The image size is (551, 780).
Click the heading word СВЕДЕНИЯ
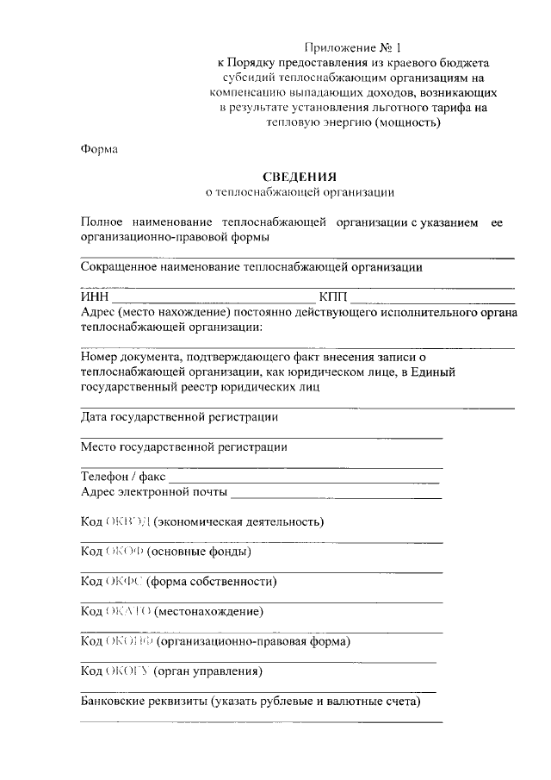(x=300, y=176)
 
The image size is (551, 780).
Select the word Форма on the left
(x=99, y=148)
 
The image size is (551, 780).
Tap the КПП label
(x=332, y=297)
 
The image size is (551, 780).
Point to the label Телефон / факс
(x=122, y=476)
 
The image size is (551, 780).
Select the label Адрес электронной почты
(x=154, y=492)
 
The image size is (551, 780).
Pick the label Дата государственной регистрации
(x=179, y=417)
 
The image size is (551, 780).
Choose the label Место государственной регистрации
(x=183, y=446)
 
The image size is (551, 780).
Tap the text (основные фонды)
(x=199, y=552)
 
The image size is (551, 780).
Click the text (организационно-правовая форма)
(x=253, y=642)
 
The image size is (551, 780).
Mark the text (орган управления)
(x=207, y=671)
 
